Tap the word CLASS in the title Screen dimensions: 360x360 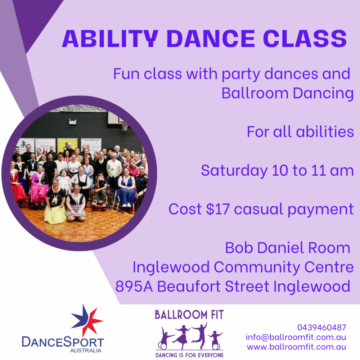tap(305, 39)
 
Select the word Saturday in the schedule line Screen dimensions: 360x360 tap(234, 171)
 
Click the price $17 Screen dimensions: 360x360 tap(218, 209)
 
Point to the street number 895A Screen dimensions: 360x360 tap(134, 286)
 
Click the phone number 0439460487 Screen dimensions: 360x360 tap(321, 327)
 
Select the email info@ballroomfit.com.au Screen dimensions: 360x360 tap(296, 337)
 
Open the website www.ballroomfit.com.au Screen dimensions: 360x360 tap(296, 347)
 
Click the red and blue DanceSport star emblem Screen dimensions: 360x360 tap(87, 320)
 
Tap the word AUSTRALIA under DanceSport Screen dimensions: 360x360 tap(86, 351)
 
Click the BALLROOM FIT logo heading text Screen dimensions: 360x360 tap(189, 315)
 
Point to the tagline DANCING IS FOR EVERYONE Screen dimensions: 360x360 tap(189, 355)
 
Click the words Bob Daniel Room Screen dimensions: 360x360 tap(288, 248)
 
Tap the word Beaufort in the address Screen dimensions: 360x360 tap(189, 286)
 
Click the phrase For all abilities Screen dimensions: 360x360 tap(300, 132)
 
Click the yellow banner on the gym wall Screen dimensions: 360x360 tap(67, 145)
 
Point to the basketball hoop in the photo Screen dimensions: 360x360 tap(125, 126)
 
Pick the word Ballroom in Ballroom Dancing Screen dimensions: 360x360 tap(255, 93)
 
